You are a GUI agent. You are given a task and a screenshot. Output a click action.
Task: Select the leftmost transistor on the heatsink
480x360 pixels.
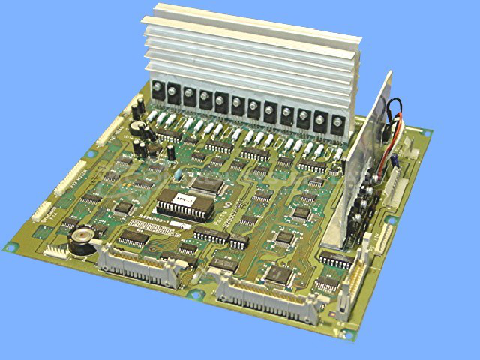160,94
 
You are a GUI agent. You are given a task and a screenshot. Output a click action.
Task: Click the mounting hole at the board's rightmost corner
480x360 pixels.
430,132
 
